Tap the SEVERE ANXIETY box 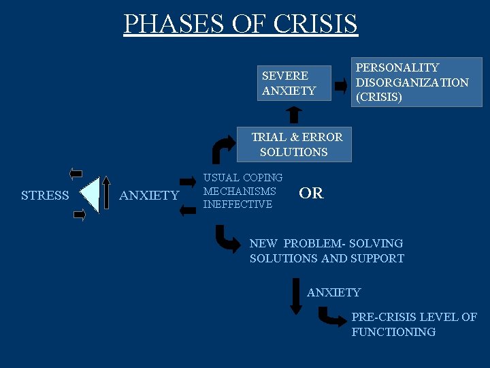coord(294,83)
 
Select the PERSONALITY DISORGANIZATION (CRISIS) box coord(417,82)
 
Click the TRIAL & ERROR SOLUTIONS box coord(294,144)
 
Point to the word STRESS coord(45,196)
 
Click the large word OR coord(311,194)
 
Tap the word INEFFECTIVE coord(238,204)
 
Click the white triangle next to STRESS coord(91,194)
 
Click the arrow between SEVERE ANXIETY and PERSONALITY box coord(342,86)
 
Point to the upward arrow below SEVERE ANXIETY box coord(294,114)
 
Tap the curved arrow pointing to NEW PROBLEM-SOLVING coord(227,239)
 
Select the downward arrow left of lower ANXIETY coord(296,295)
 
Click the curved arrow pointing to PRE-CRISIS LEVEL coord(332,316)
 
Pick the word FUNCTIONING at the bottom coord(393,332)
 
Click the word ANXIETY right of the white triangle coord(149,196)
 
